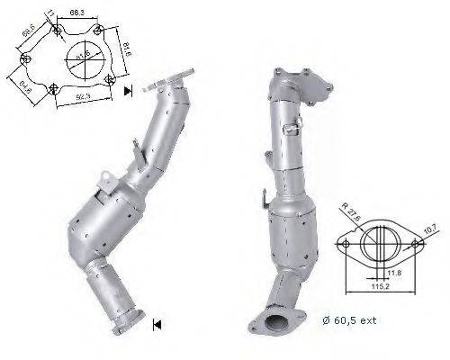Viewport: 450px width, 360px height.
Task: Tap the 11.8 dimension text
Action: click(x=394, y=272)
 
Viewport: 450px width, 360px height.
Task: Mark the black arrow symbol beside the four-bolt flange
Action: click(x=129, y=89)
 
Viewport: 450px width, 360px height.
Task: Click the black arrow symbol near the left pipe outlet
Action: click(x=157, y=324)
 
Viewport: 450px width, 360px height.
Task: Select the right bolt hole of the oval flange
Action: click(x=416, y=242)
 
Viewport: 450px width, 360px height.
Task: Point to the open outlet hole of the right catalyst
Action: click(x=290, y=320)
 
